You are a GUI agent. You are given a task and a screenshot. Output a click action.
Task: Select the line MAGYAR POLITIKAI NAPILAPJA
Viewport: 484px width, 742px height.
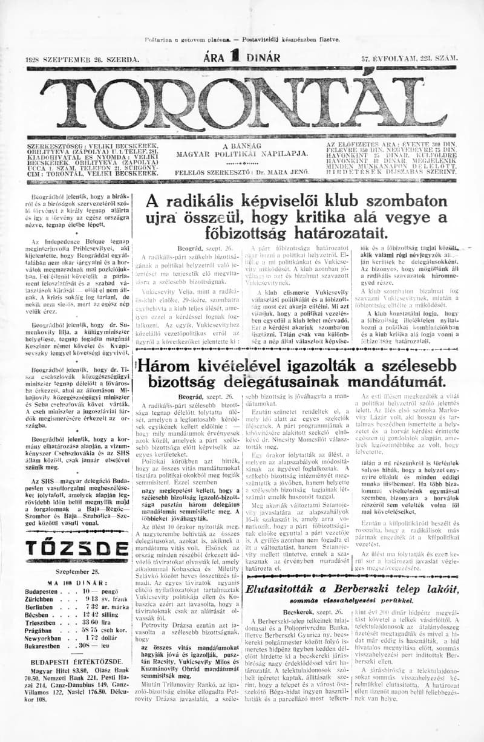click(x=241, y=154)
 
